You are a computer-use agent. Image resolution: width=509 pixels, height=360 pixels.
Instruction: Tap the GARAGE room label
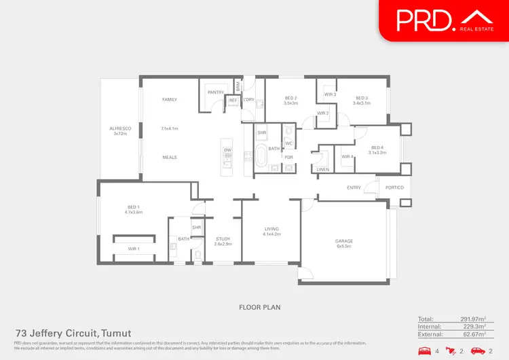344,241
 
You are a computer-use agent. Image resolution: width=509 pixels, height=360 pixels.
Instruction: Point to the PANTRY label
216,91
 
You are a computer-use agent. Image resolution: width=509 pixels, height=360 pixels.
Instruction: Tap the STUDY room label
223,238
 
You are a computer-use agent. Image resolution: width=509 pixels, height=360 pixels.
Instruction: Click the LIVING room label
271,229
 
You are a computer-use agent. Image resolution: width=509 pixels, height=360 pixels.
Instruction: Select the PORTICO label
394,187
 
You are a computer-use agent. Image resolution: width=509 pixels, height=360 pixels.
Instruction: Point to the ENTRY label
354,187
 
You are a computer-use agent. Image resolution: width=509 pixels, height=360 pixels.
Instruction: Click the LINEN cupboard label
323,170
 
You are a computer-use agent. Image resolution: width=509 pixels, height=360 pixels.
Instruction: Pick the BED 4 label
377,148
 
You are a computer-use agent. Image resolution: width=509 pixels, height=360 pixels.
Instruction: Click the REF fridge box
233,101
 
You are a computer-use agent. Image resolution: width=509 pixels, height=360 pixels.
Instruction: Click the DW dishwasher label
228,149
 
